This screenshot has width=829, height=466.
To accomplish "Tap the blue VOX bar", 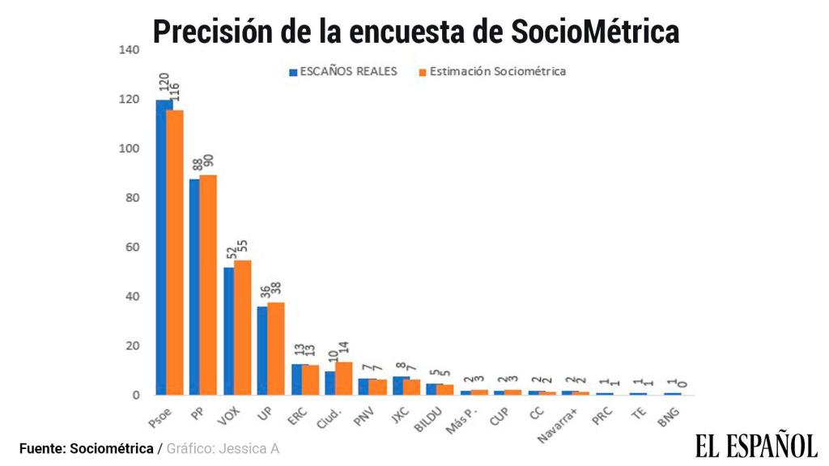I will (228, 331).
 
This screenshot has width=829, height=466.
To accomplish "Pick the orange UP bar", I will (276, 349).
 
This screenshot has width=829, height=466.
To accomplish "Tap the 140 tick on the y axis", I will (130, 50).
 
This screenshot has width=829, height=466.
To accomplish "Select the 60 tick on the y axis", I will (133, 248).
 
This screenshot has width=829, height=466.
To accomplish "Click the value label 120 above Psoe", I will (163, 83).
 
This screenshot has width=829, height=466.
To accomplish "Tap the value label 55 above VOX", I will (242, 247).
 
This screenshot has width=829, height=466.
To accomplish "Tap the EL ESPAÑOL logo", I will (755, 445).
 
